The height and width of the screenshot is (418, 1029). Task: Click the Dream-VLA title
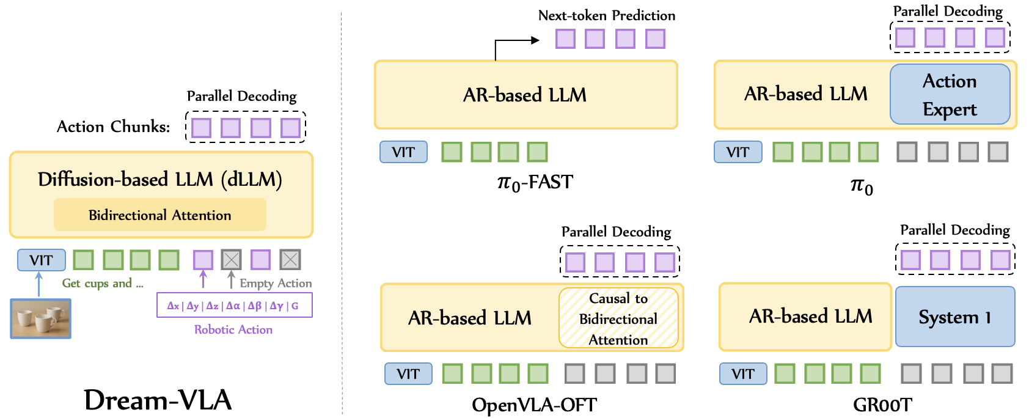tap(158, 400)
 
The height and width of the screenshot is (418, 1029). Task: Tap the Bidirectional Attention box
tap(160, 215)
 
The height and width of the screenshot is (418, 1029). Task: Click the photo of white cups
tap(41, 318)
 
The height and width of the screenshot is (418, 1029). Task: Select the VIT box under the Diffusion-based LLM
tap(41, 260)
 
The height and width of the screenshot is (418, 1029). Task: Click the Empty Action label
tap(276, 284)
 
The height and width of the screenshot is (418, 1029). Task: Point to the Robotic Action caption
tap(233, 329)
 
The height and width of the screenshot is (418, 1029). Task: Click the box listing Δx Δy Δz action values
tap(234, 306)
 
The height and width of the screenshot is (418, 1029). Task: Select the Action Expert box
tap(950, 95)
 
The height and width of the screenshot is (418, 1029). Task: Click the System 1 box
tap(954, 317)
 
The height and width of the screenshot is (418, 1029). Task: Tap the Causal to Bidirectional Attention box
tap(618, 318)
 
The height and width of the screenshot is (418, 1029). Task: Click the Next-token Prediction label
tap(607, 16)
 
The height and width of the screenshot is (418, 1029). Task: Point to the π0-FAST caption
tap(535, 182)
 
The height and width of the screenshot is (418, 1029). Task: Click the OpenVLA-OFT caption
tap(534, 405)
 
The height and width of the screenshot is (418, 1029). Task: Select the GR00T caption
tap(882, 405)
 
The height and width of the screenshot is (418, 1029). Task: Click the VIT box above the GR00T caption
tap(742, 374)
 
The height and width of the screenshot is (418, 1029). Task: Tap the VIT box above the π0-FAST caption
tap(403, 152)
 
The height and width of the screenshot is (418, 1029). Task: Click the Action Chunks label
tap(114, 127)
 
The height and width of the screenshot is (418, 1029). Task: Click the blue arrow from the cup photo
tap(39, 285)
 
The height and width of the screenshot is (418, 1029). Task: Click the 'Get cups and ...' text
tap(103, 284)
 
